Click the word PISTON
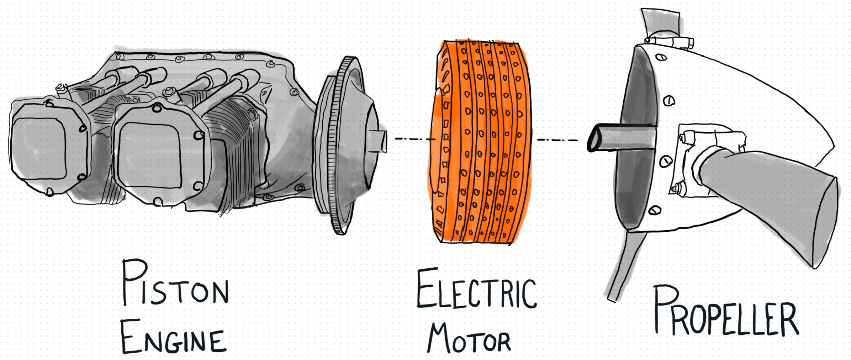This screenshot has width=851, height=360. [x=175, y=285]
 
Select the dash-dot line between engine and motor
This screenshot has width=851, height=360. [x=414, y=139]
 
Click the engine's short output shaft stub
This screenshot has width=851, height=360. [x=379, y=141]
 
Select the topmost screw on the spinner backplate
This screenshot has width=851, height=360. [x=661, y=57]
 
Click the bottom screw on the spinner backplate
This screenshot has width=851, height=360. [x=655, y=211]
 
